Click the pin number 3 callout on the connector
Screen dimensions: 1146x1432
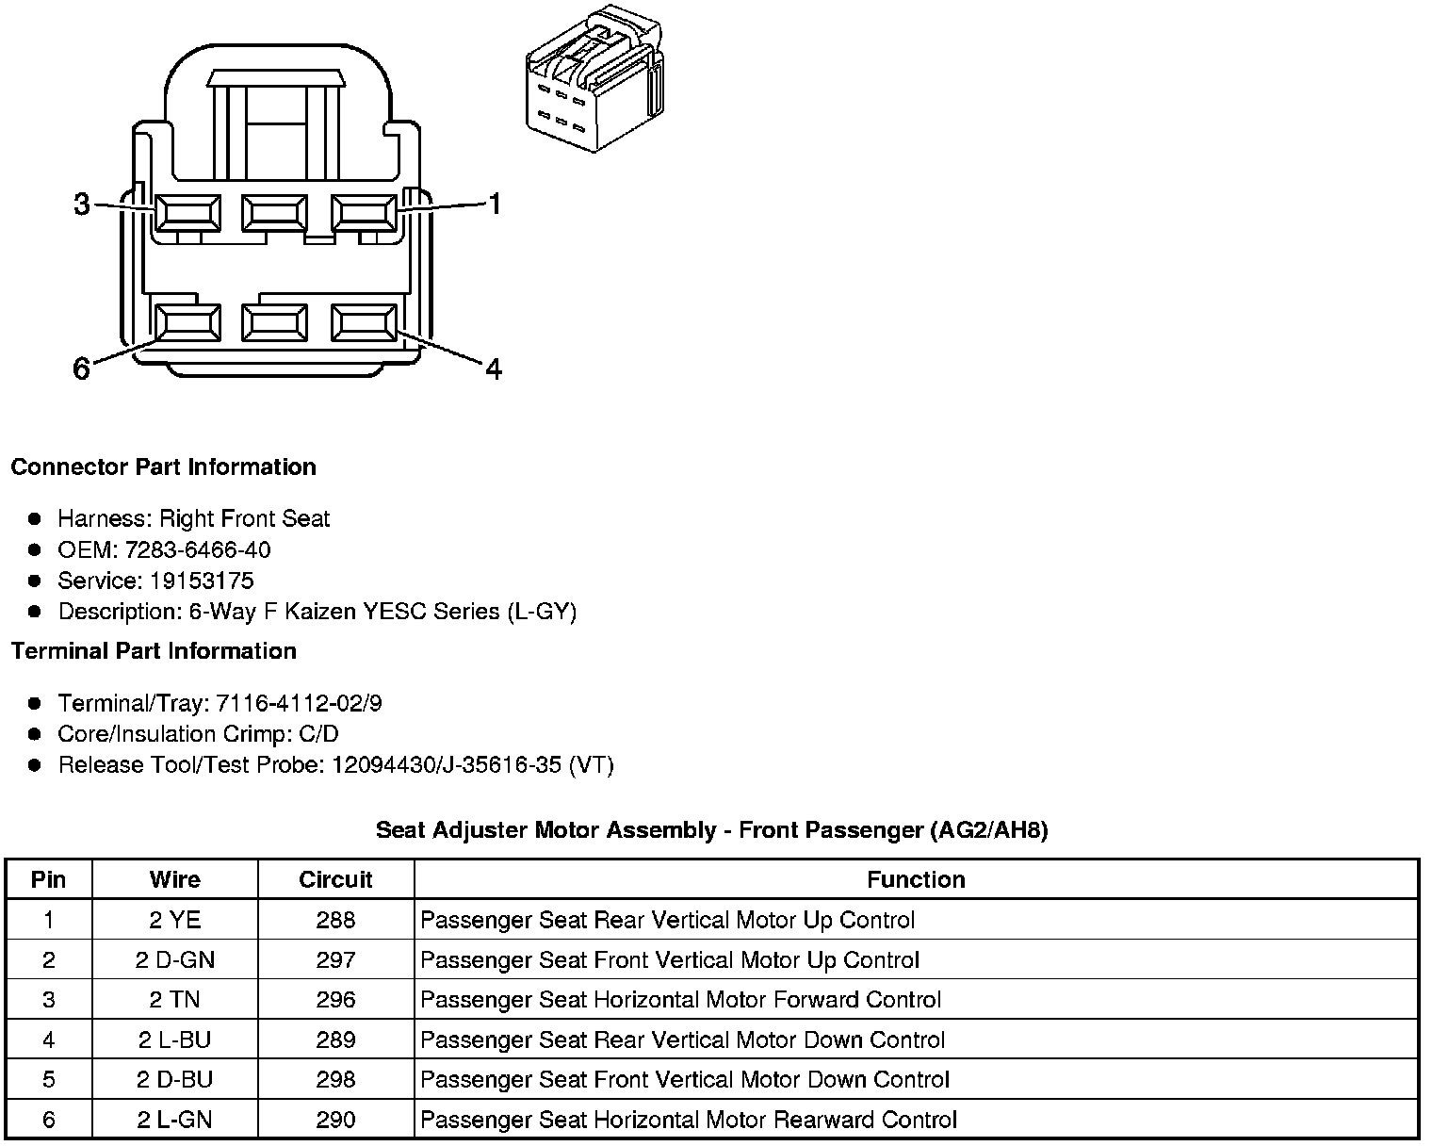(x=82, y=204)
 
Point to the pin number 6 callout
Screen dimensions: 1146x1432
(x=82, y=368)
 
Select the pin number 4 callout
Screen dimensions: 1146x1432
(x=493, y=368)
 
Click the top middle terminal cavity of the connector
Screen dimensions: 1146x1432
(x=274, y=213)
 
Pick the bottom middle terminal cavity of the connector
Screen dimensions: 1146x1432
(x=274, y=323)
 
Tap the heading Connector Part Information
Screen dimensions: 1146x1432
(x=163, y=467)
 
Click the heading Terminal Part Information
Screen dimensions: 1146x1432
(x=154, y=651)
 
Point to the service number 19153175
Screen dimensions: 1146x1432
(x=201, y=581)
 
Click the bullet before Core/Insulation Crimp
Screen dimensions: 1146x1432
(x=36, y=734)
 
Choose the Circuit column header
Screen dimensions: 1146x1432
(x=335, y=879)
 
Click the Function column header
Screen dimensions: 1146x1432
(x=916, y=879)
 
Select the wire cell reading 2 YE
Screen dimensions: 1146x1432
(x=175, y=920)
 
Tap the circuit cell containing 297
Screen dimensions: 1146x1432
(x=335, y=959)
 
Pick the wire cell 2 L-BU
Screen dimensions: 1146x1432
(x=175, y=1040)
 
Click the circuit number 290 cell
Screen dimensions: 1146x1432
(x=335, y=1120)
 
